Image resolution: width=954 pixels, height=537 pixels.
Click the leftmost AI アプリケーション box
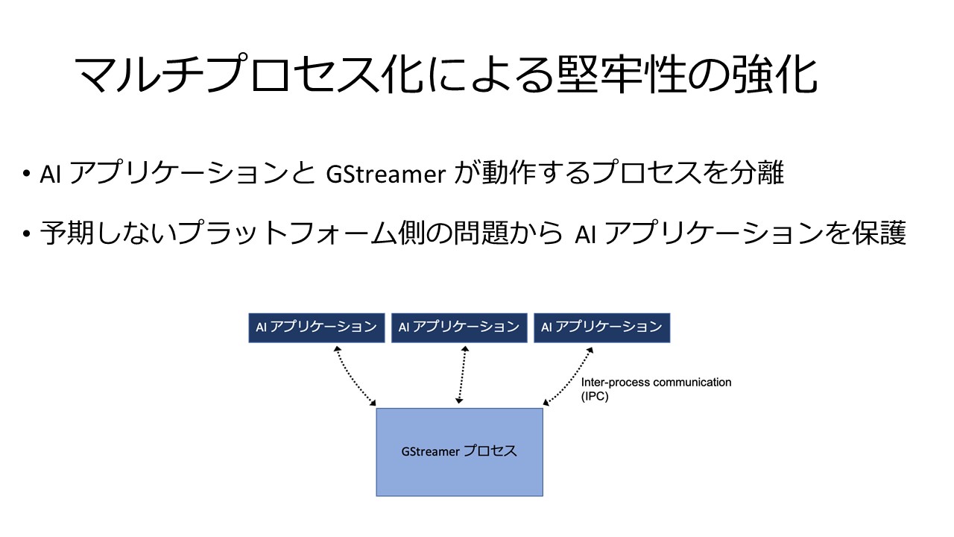coord(317,327)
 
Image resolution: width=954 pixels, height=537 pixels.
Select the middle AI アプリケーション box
coord(459,327)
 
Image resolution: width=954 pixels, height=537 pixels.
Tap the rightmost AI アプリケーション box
coord(601,327)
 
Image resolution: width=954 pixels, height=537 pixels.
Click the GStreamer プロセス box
coord(460,452)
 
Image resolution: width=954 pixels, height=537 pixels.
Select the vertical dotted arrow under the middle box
coord(461,374)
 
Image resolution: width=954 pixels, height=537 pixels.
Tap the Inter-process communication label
coord(656,383)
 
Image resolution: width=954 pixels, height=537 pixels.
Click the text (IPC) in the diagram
coord(595,396)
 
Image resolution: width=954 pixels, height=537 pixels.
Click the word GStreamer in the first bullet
coord(385,174)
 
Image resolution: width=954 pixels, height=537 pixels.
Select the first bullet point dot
coord(27,174)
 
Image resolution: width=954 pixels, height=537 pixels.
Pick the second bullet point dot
coord(27,233)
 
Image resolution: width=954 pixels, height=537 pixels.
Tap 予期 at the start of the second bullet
coord(67,233)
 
